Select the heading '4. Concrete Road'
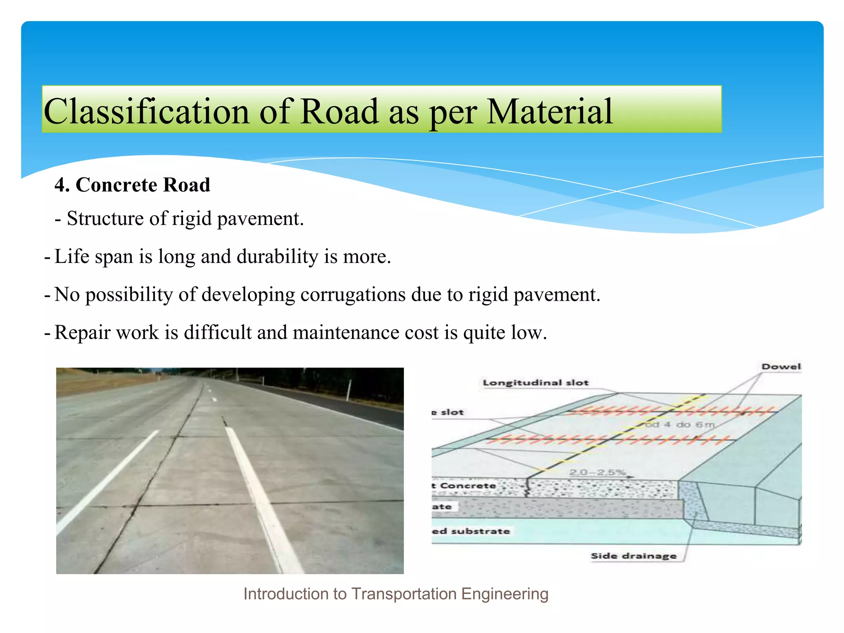pyautogui.click(x=132, y=185)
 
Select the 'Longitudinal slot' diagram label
pyautogui.click(x=535, y=382)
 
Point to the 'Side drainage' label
pyautogui.click(x=633, y=556)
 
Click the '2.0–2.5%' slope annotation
pyautogui.click(x=597, y=472)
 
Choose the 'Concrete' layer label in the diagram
pyautogui.click(x=467, y=485)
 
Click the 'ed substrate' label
pyautogui.click(x=471, y=531)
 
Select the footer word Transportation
pyautogui.click(x=403, y=594)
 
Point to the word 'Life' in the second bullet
pyautogui.click(x=72, y=256)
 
